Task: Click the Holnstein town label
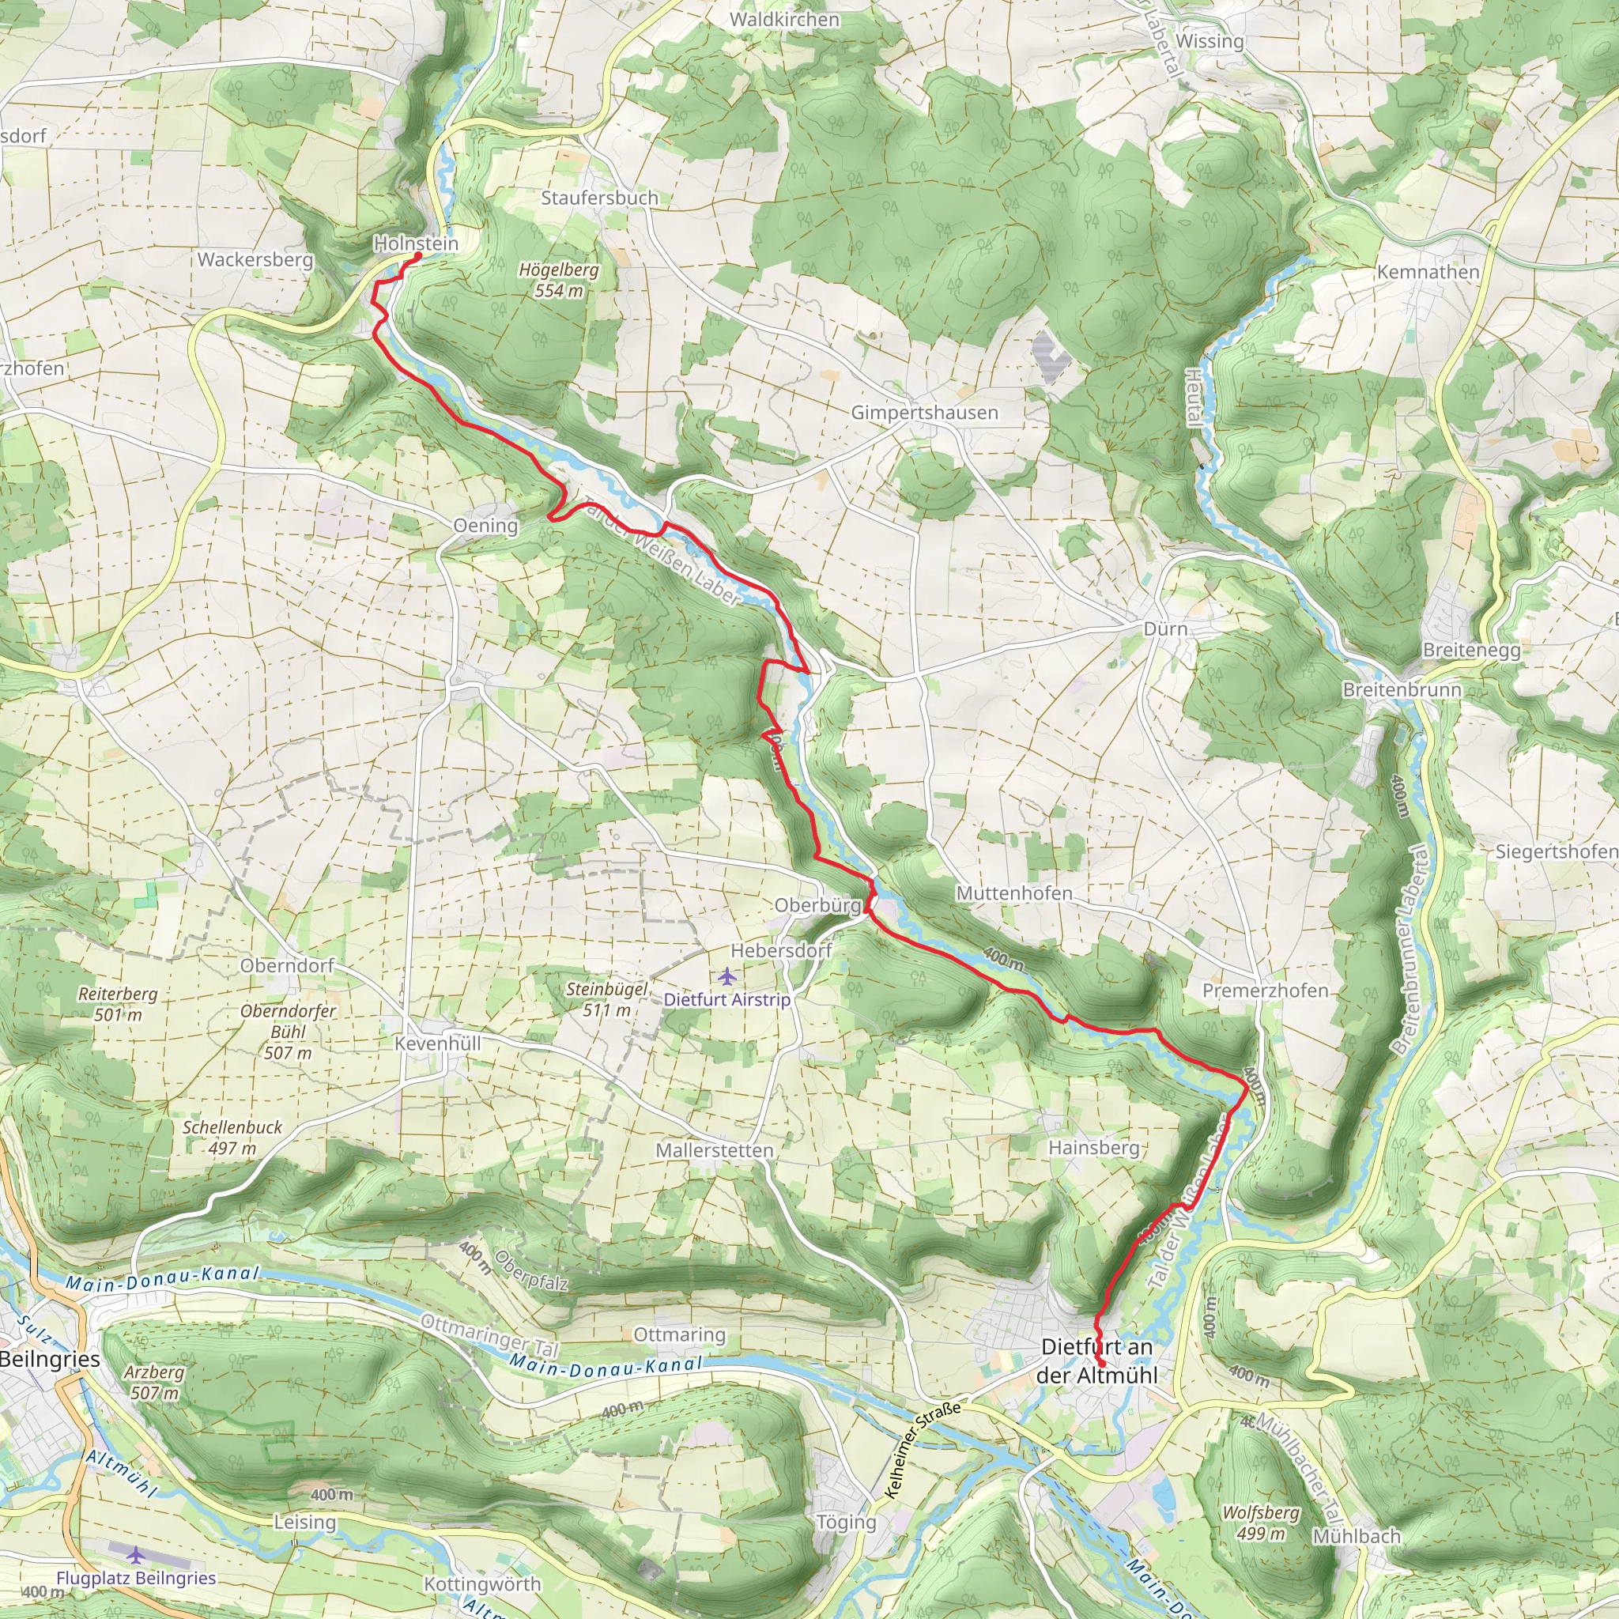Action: pos(416,243)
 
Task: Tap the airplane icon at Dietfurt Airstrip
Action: pos(726,976)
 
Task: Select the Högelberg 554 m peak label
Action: pos(559,281)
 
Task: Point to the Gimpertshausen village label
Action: pos(924,413)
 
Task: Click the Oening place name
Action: pos(485,526)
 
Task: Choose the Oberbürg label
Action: pos(817,905)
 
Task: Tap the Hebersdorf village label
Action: pos(781,950)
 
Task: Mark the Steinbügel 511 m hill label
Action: pos(606,1000)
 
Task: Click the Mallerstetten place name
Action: pos(714,1150)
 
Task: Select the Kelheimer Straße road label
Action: pos(923,1451)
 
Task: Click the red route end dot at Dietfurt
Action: pos(1101,1365)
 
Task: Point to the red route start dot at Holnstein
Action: pos(417,255)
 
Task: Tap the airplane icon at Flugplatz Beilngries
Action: pos(136,1555)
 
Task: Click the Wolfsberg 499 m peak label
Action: pos(1260,1523)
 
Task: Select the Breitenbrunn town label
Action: pos(1401,689)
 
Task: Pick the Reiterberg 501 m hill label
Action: pos(117,1004)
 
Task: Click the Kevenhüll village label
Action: pos(437,1043)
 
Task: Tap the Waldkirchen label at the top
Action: pos(784,19)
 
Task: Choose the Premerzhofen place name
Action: pos(1266,991)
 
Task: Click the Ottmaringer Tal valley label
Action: pos(489,1336)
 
